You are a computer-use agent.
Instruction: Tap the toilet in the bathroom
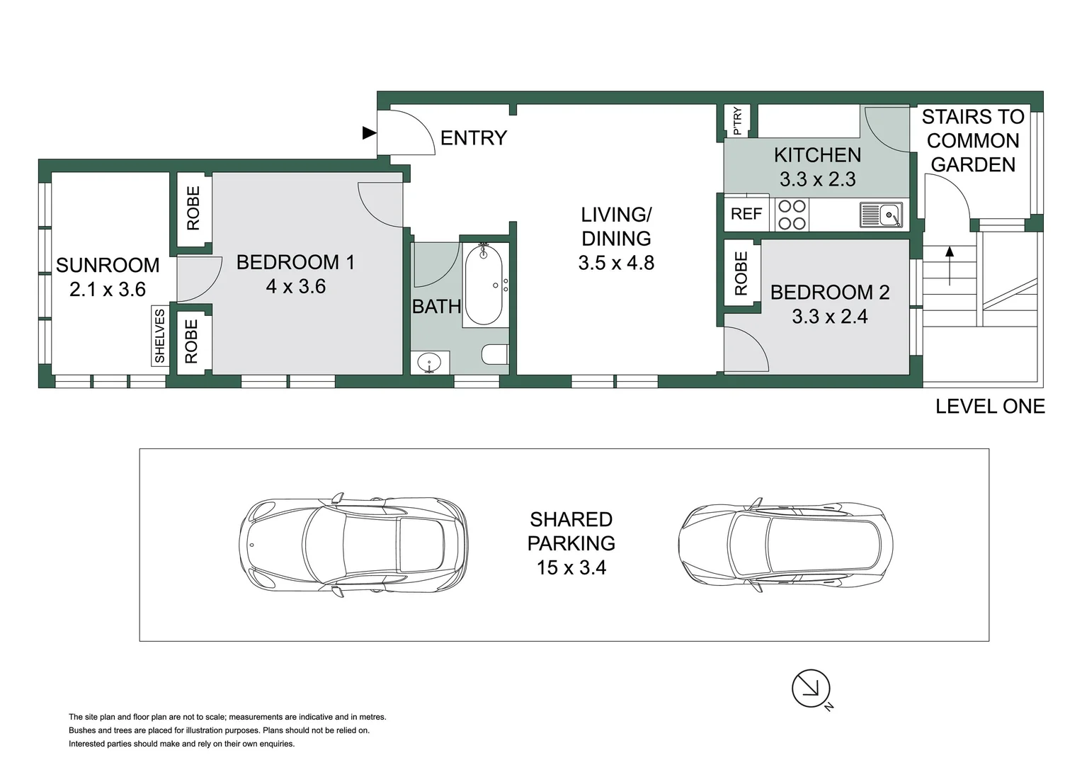[x=496, y=354]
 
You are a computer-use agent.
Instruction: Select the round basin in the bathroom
[x=429, y=363]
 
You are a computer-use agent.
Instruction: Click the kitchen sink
[x=882, y=215]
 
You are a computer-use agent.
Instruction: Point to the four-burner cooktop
[x=792, y=215]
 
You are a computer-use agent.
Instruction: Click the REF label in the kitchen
[x=746, y=214]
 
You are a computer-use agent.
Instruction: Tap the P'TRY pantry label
[x=737, y=120]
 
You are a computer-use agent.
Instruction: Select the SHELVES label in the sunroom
[x=160, y=336]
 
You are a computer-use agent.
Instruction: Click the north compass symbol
[x=811, y=688]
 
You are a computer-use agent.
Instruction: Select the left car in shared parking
[x=353, y=544]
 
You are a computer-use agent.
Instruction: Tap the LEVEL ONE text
[x=989, y=406]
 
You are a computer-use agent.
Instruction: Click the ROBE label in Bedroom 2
[x=741, y=273]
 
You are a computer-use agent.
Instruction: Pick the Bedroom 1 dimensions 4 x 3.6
[x=295, y=286]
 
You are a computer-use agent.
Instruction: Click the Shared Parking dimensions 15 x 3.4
[x=571, y=567]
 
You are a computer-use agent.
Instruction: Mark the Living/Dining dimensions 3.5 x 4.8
[x=616, y=263]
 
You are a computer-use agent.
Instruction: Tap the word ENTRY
[x=474, y=137]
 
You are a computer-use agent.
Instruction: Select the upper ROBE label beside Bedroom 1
[x=193, y=208]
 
